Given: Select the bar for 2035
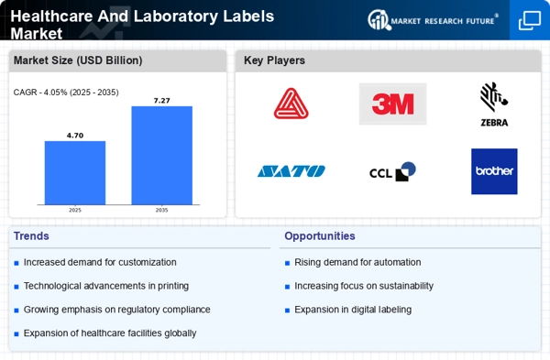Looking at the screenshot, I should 161,155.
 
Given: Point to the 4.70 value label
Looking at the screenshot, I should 74,135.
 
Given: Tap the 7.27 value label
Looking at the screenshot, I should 161,99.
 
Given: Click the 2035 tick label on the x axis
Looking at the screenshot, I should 161,210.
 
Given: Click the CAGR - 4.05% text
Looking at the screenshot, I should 65,93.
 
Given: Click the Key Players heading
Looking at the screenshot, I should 274,60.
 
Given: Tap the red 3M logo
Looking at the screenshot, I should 392,104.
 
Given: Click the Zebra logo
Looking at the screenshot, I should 493,104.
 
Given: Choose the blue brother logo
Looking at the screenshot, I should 494,171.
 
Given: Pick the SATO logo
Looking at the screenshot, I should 291,171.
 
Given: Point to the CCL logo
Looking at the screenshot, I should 392,171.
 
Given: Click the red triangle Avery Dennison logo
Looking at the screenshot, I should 291,104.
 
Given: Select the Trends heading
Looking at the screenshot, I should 32,235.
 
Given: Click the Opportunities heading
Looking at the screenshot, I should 319,235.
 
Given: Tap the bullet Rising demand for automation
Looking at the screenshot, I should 357,262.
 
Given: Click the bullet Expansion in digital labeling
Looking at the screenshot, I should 353,310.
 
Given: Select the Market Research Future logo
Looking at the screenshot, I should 434,19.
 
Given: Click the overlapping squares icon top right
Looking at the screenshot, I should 530,19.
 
